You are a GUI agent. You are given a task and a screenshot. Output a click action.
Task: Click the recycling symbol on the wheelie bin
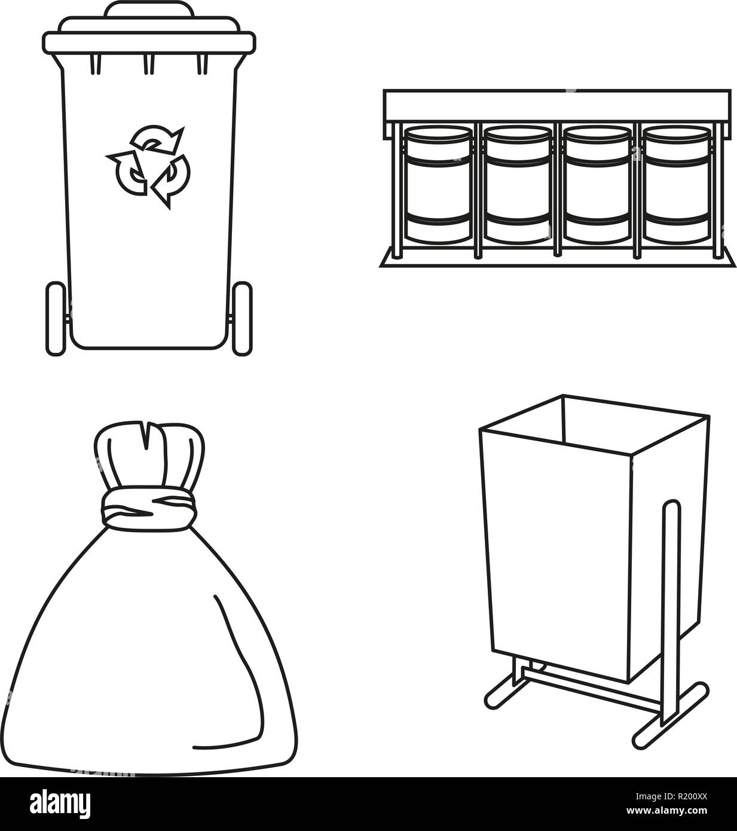click(148, 166)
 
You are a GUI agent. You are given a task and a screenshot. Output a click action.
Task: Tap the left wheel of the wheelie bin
click(56, 318)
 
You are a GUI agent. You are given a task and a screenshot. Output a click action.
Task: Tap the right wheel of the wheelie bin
click(242, 318)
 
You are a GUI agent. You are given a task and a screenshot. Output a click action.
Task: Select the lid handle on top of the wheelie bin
click(149, 9)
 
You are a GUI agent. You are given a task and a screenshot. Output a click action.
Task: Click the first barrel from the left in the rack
click(438, 185)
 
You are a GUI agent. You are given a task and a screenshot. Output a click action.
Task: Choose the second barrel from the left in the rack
click(518, 185)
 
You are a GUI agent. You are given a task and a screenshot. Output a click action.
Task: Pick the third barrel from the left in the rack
click(597, 185)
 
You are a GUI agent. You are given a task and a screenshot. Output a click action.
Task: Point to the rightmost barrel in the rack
click(677, 185)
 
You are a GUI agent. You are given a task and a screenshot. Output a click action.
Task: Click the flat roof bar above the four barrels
click(557, 106)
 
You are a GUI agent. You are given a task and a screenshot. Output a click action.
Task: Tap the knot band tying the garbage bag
click(149, 509)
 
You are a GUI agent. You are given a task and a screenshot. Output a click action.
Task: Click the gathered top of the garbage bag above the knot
click(149, 456)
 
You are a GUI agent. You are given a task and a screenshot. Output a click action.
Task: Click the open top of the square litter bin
click(595, 424)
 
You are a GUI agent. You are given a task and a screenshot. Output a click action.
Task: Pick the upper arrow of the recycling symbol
click(158, 139)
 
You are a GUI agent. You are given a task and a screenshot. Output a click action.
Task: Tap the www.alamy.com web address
click(666, 810)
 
